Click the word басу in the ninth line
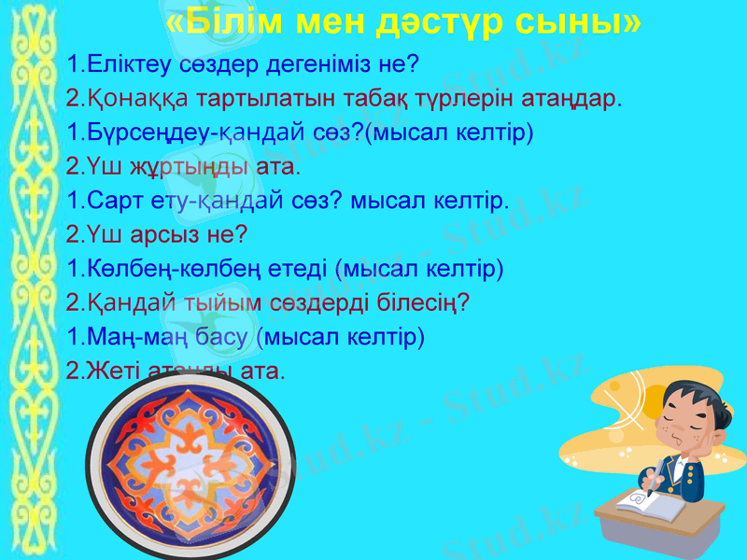coord(224,337)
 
